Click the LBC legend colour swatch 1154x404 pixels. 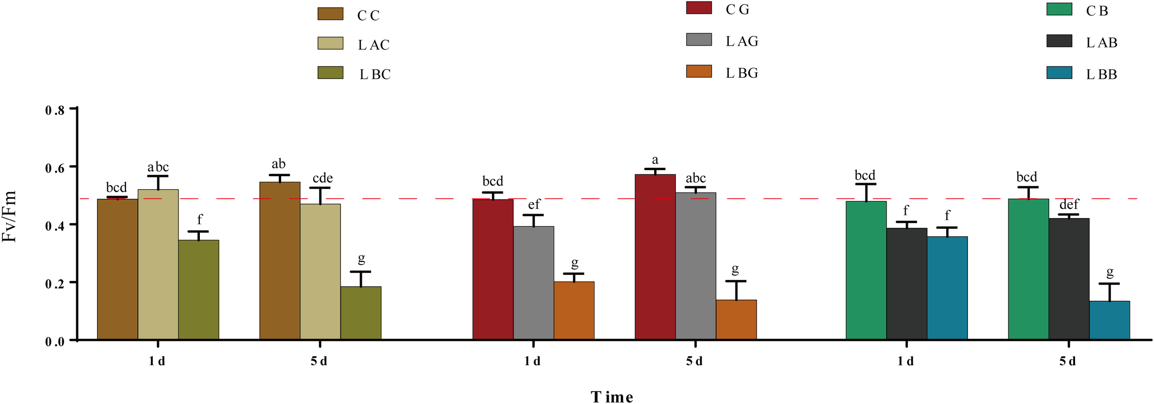click(x=330, y=72)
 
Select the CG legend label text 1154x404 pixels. click(x=737, y=10)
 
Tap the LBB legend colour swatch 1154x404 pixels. click(x=1059, y=73)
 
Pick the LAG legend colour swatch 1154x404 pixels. click(x=698, y=40)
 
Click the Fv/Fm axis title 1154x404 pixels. click(x=9, y=217)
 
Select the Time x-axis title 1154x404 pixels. click(x=612, y=397)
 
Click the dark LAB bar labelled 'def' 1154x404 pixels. click(x=1069, y=279)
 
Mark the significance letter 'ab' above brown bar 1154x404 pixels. click(x=278, y=164)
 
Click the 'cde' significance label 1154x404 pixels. click(x=322, y=178)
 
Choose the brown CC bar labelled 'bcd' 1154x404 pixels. click(x=117, y=269)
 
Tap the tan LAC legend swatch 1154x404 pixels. click(x=330, y=43)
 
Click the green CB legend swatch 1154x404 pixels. click(x=1059, y=9)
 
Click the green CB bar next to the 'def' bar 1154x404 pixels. click(x=1028, y=269)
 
